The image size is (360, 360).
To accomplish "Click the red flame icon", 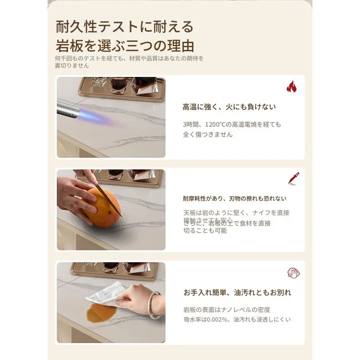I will click(x=291, y=87).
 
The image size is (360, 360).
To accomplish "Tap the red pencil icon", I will click(x=293, y=179).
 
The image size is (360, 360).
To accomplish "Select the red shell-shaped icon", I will click(x=293, y=273).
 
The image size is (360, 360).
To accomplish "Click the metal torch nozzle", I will click(x=68, y=110).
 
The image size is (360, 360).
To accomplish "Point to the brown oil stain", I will click(x=101, y=313).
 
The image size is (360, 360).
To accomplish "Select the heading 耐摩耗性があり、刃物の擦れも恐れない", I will click(x=234, y=198).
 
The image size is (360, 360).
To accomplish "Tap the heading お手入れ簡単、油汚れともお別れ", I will click(x=237, y=292).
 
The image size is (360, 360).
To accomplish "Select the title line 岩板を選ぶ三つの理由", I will click(x=125, y=46).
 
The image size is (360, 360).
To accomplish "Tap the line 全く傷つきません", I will click(x=207, y=134).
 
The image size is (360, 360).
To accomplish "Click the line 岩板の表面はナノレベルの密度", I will click(x=227, y=310).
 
